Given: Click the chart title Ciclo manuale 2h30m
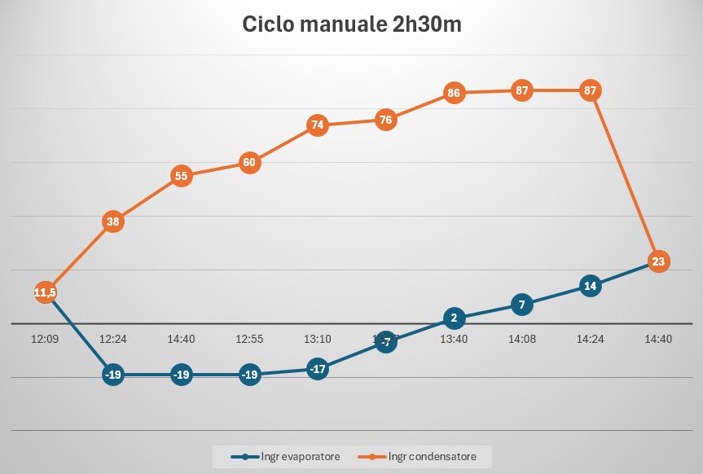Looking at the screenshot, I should point(352,24).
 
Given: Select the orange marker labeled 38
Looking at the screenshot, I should point(113,222).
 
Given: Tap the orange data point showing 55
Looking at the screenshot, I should point(182,176).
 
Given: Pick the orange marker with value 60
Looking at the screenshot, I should point(249,162).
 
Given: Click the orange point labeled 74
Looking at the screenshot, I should point(318,125).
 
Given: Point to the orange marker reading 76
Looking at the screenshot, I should point(386,121).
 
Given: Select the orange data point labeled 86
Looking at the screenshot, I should point(454,93).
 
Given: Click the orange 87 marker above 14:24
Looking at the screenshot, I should point(591,90).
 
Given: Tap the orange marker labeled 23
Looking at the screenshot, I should point(658,261).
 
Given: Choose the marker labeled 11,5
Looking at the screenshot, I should point(46,292).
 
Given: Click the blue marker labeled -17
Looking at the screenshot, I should point(318,369).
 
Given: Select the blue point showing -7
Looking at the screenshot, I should point(386,343).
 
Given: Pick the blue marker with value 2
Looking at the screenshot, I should point(454,318).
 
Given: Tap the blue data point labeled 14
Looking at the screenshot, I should point(591,286).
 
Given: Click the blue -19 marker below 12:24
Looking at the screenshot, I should point(113,375).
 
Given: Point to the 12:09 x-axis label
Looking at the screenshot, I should point(45,339).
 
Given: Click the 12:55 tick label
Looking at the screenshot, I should point(249,339).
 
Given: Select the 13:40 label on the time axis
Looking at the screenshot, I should point(454,339).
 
